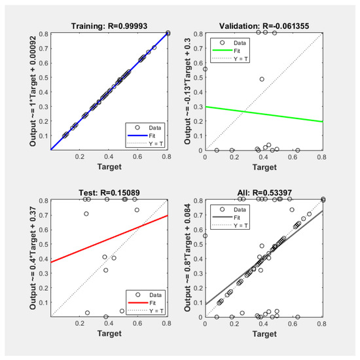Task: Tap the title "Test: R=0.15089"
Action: click(109, 193)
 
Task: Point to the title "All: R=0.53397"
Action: click(264, 193)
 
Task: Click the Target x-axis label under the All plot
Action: click(264, 335)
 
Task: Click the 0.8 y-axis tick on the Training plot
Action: click(43, 33)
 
